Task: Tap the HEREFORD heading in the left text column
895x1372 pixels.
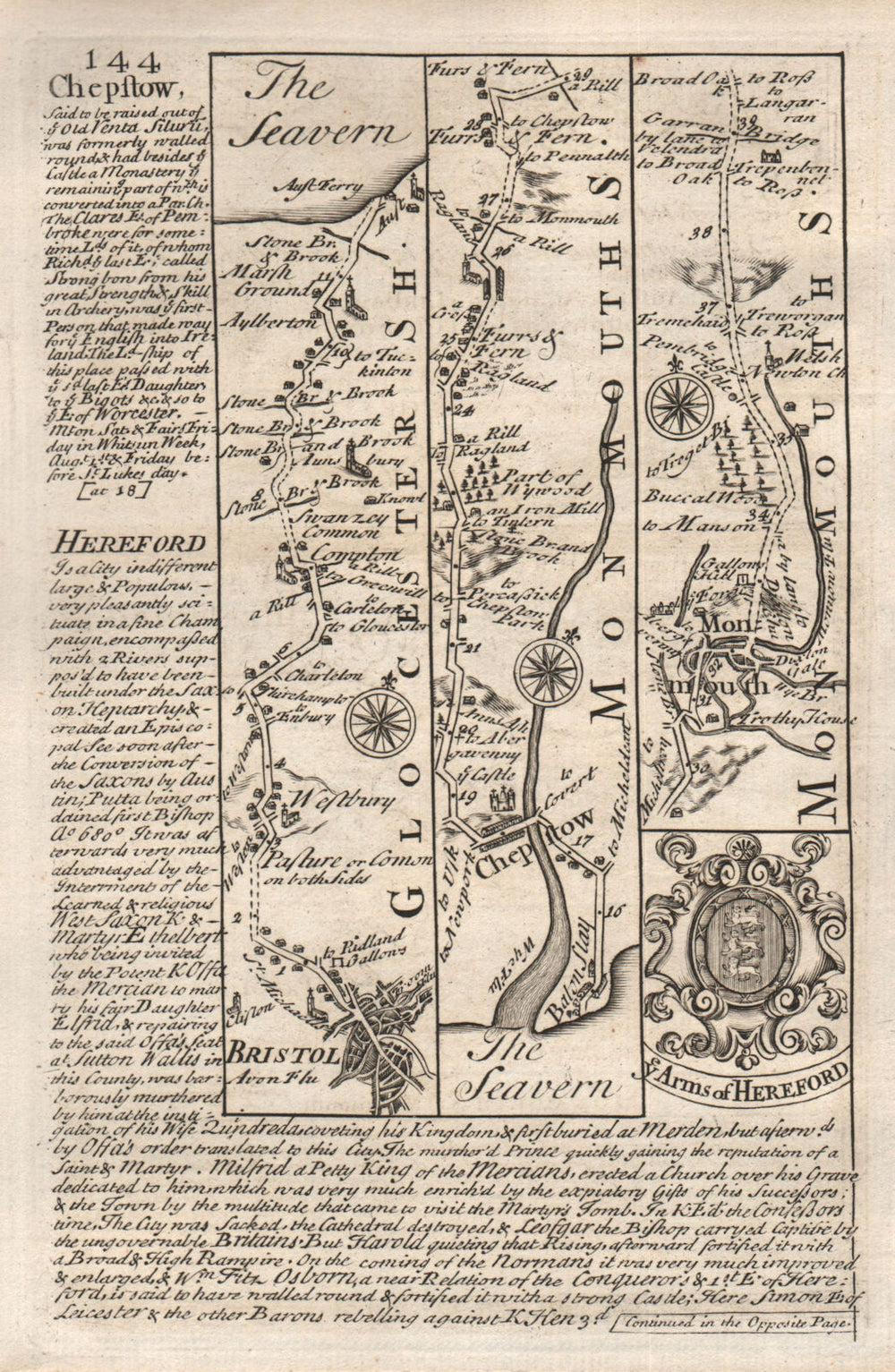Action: tap(131, 542)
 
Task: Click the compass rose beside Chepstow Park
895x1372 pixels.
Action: tap(544, 669)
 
